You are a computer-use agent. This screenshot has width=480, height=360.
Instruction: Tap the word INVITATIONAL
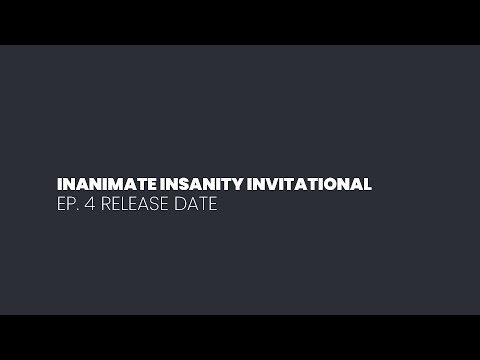pos(316,185)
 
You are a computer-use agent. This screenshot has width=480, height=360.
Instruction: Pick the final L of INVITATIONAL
pos(368,185)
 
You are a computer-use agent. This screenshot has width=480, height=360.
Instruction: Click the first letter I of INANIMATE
pos(61,185)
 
